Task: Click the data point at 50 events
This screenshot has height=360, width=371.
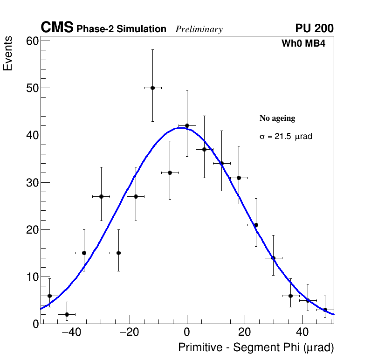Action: tap(152, 88)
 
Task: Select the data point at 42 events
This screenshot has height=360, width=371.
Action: tap(187, 125)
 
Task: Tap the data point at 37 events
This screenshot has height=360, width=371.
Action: tap(204, 149)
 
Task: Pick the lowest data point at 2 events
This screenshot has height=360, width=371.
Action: tap(67, 314)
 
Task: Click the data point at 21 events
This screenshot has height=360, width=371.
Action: tap(256, 225)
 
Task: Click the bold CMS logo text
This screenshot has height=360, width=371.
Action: tap(57, 28)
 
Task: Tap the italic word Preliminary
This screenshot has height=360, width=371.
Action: tap(199, 29)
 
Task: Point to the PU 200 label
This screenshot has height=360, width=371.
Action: tap(314, 28)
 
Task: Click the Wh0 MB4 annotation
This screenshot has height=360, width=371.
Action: tap(303, 44)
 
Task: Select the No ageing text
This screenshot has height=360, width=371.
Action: tap(277, 118)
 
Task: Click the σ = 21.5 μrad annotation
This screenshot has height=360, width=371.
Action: tap(285, 137)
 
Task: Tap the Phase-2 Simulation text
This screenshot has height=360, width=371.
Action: tap(121, 29)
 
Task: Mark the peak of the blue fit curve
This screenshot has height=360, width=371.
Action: tap(179, 128)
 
